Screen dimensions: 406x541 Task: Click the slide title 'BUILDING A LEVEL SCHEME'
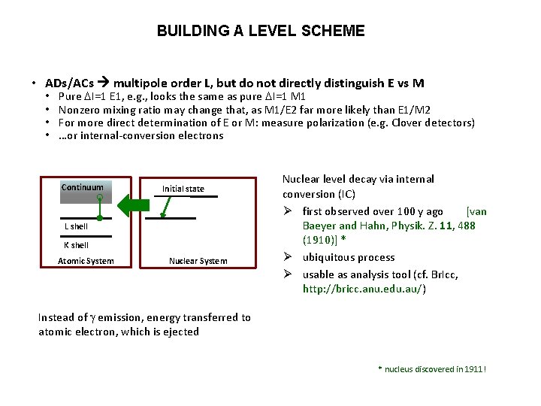(x=261, y=31)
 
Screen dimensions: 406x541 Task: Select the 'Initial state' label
(x=183, y=189)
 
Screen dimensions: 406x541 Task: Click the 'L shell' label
(x=76, y=226)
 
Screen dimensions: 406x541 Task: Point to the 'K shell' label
(x=76, y=245)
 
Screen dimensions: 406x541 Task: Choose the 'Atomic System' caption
(x=86, y=261)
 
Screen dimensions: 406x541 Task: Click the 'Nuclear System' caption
(x=198, y=261)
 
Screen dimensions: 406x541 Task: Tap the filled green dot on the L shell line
(x=99, y=219)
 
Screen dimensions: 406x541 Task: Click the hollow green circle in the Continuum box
(x=99, y=198)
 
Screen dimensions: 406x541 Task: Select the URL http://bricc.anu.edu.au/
(x=364, y=289)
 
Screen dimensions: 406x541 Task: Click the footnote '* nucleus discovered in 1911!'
(x=431, y=369)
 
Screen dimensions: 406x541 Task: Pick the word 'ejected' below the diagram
(x=181, y=332)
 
